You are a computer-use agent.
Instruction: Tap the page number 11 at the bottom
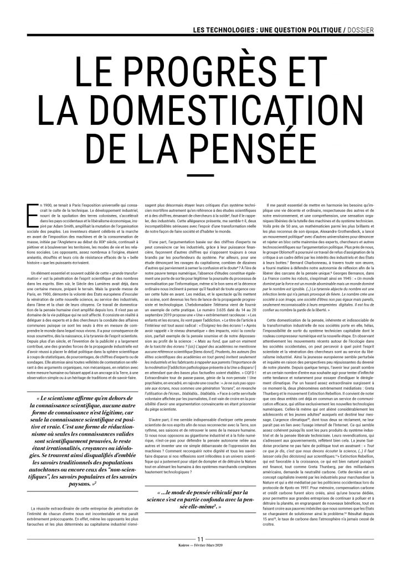pos(200,553)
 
